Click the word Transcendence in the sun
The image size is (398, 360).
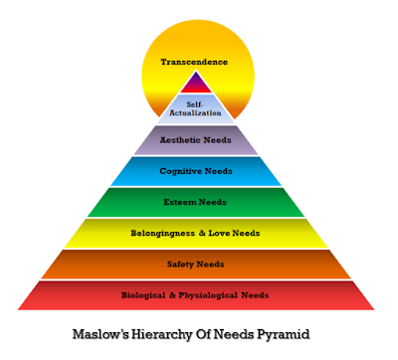pyautogui.click(x=194, y=62)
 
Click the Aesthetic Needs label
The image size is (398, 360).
pyautogui.click(x=195, y=140)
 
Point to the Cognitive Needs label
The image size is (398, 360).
pyautogui.click(x=195, y=171)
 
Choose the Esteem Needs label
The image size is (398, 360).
pyautogui.click(x=195, y=202)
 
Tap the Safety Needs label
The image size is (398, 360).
pyautogui.click(x=195, y=264)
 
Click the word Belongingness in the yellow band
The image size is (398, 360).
pyautogui.click(x=163, y=233)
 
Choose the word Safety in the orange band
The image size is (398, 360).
pyautogui.click(x=181, y=264)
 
